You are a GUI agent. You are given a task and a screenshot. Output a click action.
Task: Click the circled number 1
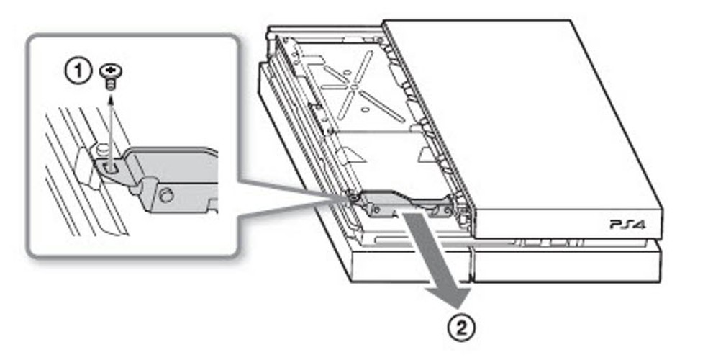[x=78, y=72]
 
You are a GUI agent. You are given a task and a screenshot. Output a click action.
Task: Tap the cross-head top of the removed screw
[x=111, y=71]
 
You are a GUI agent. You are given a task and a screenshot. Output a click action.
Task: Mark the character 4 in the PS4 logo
[x=640, y=225]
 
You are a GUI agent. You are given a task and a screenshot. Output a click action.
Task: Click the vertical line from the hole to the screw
[x=111, y=130]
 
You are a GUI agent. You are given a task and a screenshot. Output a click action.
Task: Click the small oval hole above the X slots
[x=348, y=72]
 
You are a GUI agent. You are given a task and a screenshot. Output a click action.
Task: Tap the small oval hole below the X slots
[x=364, y=109]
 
